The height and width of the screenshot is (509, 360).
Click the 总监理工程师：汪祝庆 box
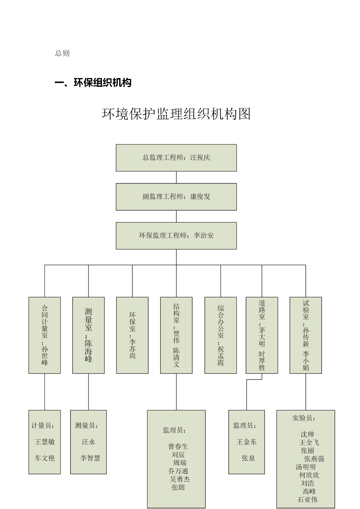[x=176, y=158]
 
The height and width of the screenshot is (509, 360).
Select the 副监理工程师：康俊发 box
[x=176, y=197]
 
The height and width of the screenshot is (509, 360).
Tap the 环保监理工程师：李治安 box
[x=176, y=236]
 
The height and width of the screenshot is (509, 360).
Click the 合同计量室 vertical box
[x=45, y=335]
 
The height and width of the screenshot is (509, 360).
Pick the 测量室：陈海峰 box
[x=88, y=335]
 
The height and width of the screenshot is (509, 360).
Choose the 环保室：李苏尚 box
[x=132, y=335]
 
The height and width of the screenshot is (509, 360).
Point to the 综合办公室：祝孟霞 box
[x=220, y=335]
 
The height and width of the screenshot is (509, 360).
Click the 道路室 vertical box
[x=262, y=335]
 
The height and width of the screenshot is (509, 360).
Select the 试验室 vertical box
[x=306, y=335]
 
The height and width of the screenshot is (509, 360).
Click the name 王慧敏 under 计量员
[x=45, y=442]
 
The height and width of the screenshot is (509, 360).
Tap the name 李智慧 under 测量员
[x=90, y=458]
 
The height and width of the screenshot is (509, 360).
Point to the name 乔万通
[x=178, y=471]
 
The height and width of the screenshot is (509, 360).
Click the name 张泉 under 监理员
[x=248, y=458]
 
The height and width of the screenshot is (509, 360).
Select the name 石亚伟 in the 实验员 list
[x=307, y=499]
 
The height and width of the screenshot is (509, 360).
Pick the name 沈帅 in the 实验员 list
[x=307, y=434]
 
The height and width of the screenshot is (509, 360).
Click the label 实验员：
[x=304, y=418]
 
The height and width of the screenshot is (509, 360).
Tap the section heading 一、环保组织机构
[x=93, y=83]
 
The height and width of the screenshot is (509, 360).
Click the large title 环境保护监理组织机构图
[x=176, y=114]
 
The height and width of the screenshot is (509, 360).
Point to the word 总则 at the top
[x=62, y=53]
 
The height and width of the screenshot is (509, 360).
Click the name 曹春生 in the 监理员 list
[x=178, y=447]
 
